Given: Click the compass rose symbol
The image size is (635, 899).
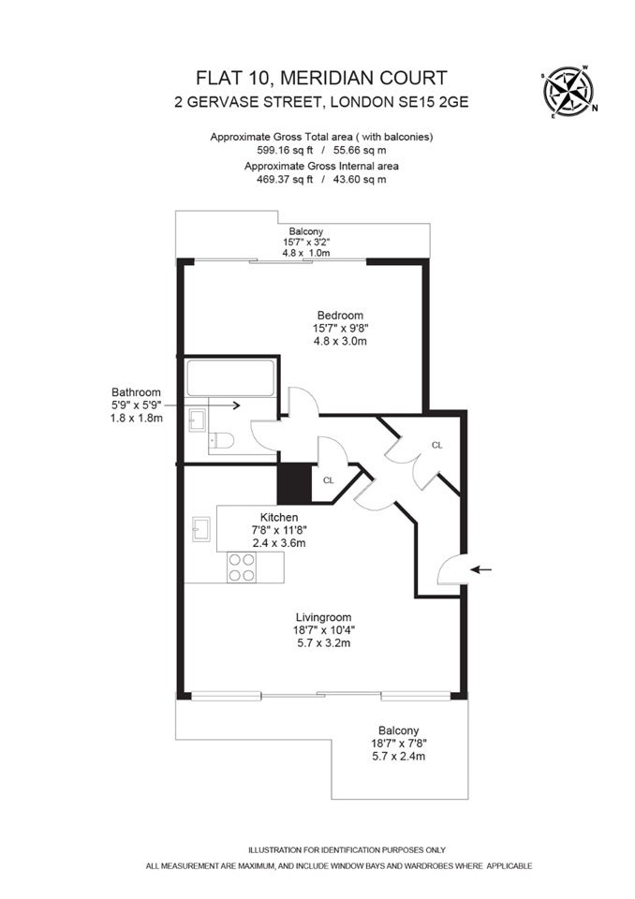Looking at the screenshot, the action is tap(569, 92).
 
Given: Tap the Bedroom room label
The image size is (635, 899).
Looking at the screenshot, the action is tap(340, 316).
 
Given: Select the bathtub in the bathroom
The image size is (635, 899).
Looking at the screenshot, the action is tap(230, 377).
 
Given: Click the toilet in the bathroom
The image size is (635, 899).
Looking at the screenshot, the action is tap(221, 440).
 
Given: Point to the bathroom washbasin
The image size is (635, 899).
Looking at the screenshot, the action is tap(197, 420).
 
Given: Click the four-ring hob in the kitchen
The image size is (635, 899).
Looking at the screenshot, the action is tap(242, 567).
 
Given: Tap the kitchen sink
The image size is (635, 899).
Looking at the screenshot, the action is tap(201, 528).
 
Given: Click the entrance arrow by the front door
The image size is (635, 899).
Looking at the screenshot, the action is tap(480, 570).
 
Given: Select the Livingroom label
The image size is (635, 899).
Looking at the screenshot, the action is tap(323, 617).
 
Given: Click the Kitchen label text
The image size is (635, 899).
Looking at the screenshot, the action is tap(279, 517).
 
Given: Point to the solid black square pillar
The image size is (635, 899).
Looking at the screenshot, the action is tap(294, 483).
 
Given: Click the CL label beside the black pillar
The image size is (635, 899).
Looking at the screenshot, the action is tap(328, 480).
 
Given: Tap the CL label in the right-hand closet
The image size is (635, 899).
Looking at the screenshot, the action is tap(437, 445).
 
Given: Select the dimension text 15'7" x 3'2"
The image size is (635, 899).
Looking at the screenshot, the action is tap(305, 242).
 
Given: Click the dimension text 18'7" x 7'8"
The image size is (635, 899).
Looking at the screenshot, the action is tap(399, 744).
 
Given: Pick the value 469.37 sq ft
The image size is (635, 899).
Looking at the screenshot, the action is tap(285, 179).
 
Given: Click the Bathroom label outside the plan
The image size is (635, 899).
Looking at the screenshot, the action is tap(136, 392).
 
